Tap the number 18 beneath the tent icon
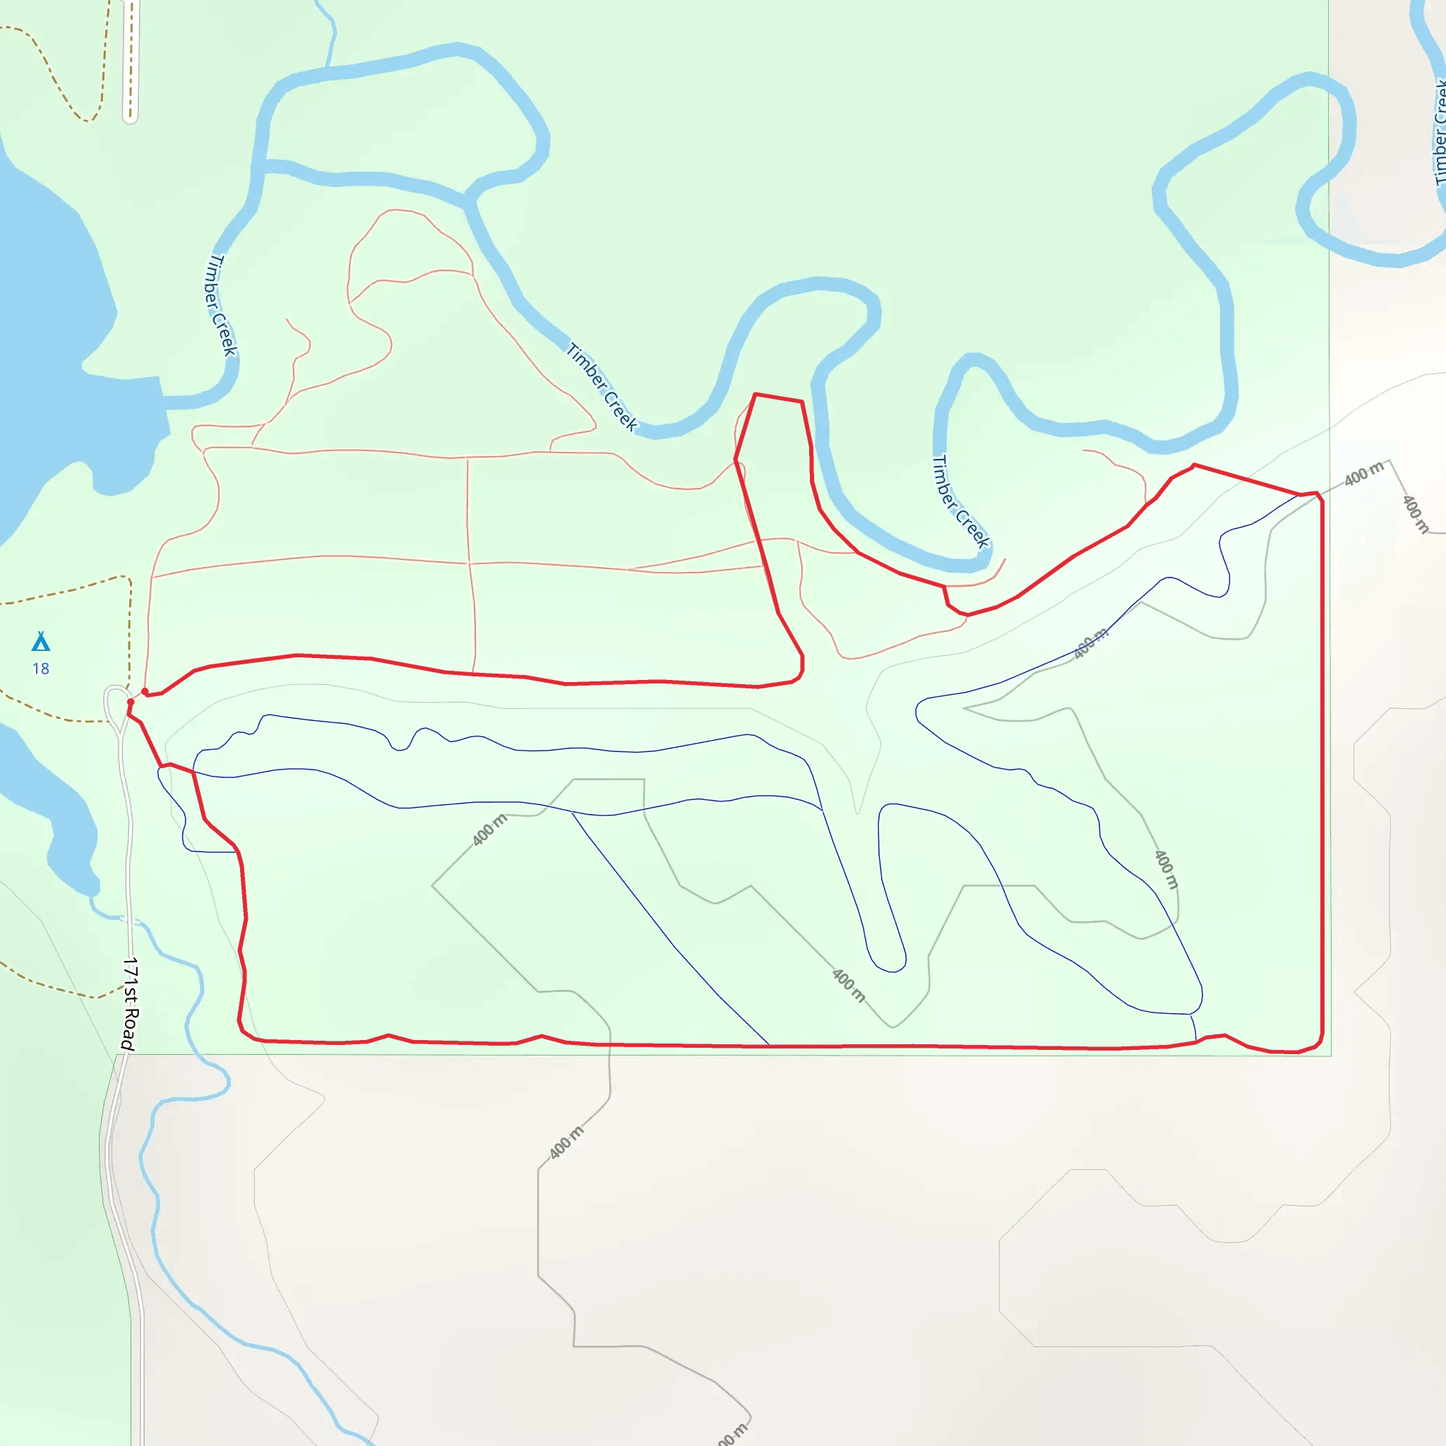[40, 669]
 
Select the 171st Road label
[130, 1004]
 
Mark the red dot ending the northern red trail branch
[145, 691]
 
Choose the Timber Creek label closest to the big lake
[222, 304]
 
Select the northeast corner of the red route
[1319, 496]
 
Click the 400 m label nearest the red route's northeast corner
[1363, 474]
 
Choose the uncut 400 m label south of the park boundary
[566, 1142]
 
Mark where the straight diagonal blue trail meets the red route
[769, 1045]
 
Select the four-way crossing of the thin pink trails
[469, 563]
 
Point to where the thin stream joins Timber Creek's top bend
[328, 67]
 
